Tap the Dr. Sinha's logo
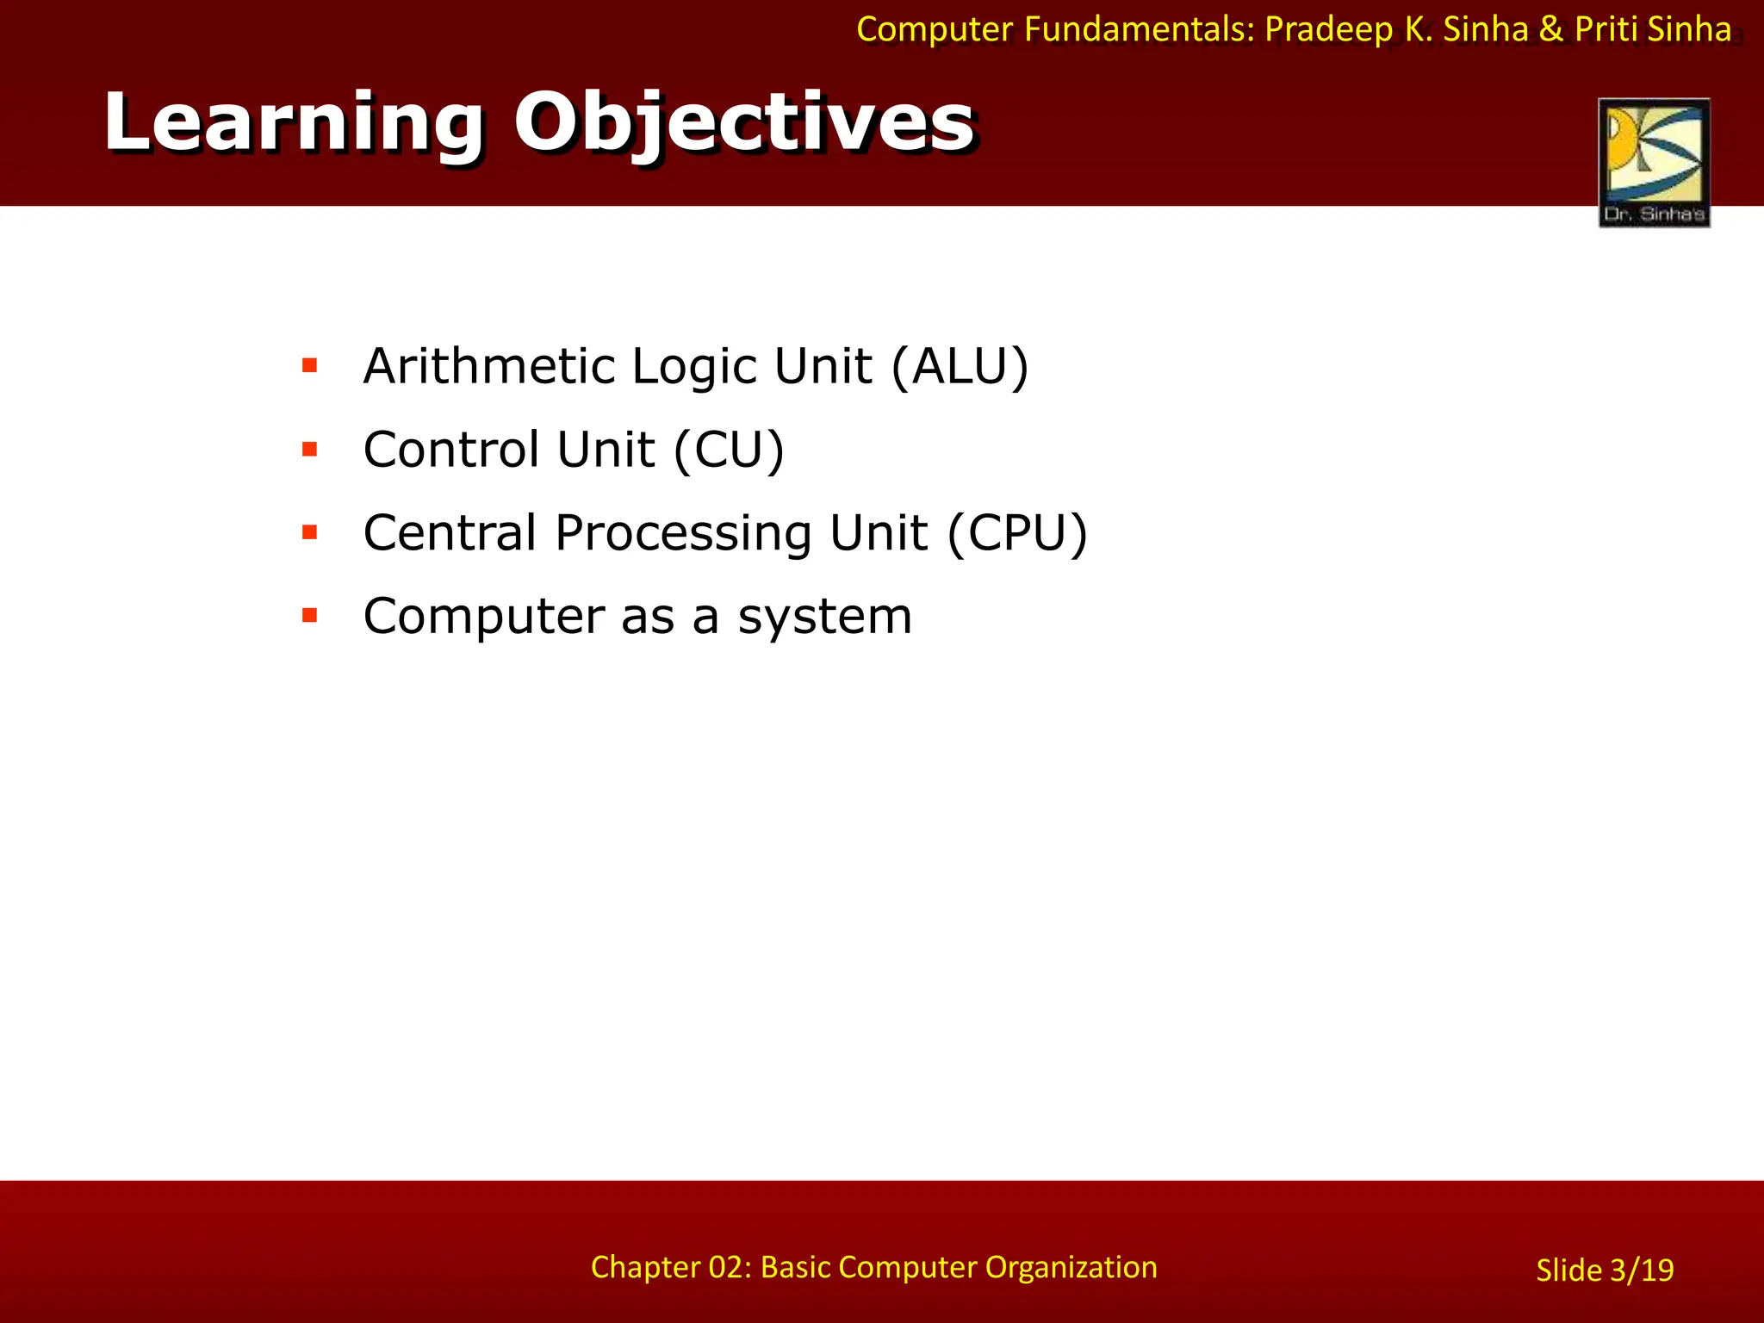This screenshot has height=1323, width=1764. coord(1654,163)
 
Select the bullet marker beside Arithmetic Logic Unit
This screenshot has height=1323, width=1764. coord(310,366)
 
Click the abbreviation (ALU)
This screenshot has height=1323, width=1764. coord(960,366)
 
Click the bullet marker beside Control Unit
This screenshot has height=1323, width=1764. coord(310,449)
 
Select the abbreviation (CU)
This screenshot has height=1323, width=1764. coord(729,450)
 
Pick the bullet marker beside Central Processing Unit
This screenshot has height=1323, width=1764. coord(310,532)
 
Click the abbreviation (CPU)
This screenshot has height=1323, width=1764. coord(1017,532)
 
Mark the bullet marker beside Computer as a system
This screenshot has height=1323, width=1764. coord(310,615)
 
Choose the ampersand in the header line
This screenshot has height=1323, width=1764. coord(1550,30)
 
